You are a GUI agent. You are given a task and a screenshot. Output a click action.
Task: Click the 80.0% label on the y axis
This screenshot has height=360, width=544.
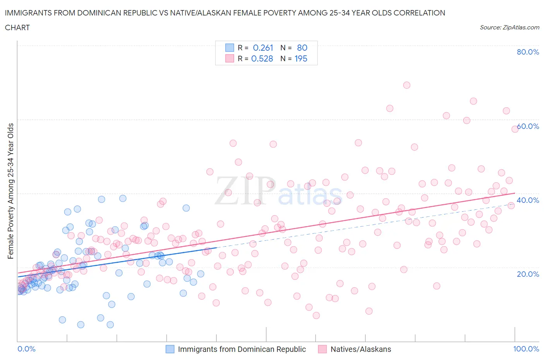tap(528, 52)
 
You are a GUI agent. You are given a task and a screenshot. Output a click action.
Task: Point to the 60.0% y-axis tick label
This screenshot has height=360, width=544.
tap(528, 126)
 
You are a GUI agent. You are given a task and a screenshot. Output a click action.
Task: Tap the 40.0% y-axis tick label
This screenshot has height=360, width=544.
tap(528, 200)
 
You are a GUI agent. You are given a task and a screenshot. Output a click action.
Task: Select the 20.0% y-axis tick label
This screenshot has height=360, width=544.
tap(528, 274)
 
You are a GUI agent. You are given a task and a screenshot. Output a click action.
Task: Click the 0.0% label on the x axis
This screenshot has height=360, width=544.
tap(26, 349)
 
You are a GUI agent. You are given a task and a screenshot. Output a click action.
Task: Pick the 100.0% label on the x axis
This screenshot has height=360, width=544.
tap(526, 349)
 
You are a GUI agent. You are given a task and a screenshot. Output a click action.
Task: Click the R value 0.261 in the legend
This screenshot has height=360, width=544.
tap(263, 48)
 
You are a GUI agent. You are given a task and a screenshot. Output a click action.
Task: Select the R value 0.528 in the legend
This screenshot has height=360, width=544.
tap(262, 58)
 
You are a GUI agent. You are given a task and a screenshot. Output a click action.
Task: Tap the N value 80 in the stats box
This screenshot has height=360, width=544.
tap(302, 48)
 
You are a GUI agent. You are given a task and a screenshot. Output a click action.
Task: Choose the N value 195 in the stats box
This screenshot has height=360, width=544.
tap(301, 58)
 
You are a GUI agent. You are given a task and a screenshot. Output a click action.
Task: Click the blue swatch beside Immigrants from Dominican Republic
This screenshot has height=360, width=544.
tap(170, 349)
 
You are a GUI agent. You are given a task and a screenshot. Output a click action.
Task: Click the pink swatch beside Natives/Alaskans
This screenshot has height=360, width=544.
tap(322, 349)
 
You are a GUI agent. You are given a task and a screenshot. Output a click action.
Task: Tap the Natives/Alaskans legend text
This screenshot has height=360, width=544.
tap(361, 349)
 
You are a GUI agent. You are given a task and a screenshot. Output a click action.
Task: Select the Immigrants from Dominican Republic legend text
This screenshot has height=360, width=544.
tap(242, 349)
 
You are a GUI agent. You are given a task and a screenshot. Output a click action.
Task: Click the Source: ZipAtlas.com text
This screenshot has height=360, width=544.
tap(509, 27)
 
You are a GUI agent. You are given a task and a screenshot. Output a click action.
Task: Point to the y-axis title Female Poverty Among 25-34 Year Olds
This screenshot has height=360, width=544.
tap(11, 191)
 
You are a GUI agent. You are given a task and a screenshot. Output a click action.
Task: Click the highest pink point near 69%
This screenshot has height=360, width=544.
tap(406, 85)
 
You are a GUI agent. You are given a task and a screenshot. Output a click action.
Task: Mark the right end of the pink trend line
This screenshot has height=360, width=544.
tap(515, 193)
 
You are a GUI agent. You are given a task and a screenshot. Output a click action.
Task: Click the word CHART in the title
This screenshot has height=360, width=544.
tap(17, 27)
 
